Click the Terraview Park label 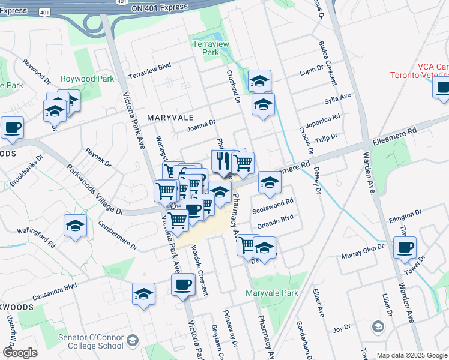pos(206,48)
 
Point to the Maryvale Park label pos(272,293)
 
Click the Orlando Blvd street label pos(275,221)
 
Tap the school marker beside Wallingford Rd pos(75,226)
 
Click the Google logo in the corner pos(20,353)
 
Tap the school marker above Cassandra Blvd pos(143,293)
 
